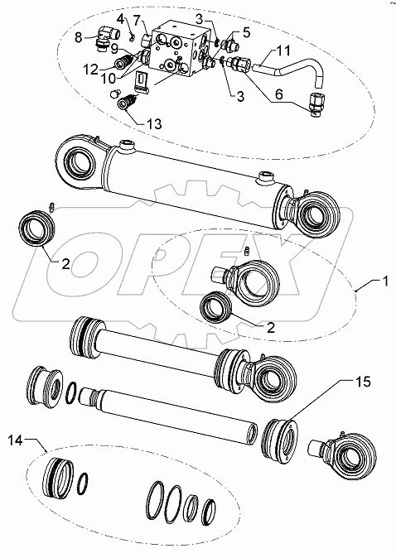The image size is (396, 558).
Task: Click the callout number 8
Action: [79, 36]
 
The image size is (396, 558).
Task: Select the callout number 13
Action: [154, 124]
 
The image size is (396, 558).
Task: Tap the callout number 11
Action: [283, 51]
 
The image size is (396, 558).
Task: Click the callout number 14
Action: [16, 440]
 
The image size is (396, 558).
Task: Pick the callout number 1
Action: [384, 281]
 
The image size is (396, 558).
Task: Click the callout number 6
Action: [278, 94]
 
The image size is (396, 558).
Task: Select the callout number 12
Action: [91, 70]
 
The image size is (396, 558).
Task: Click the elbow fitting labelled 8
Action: [107, 38]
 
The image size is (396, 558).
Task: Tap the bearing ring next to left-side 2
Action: [37, 228]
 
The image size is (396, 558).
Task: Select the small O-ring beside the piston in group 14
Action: [83, 483]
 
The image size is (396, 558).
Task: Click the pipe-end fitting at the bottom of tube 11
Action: [317, 104]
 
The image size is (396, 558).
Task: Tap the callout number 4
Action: [121, 19]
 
